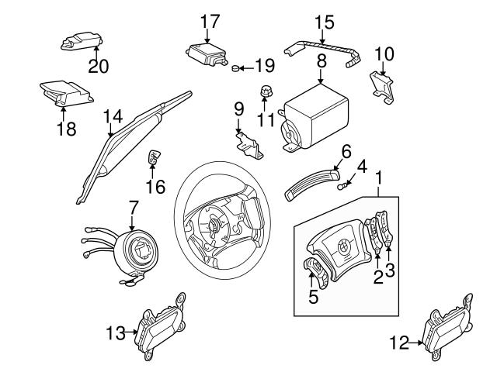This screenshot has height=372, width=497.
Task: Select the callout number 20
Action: tap(97, 66)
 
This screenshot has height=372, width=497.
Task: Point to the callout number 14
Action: tap(113, 116)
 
